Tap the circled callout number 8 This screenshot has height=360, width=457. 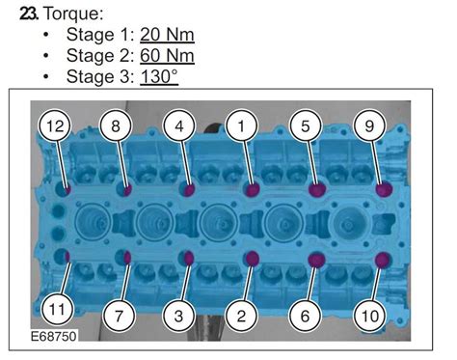pyautogui.click(x=116, y=126)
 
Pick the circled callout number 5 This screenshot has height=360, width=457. pyautogui.click(x=304, y=126)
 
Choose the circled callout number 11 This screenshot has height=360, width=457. pyautogui.click(x=56, y=311)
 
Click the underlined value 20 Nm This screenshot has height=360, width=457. pyautogui.click(x=168, y=35)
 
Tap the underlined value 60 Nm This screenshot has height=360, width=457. pyautogui.click(x=169, y=55)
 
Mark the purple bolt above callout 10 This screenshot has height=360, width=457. pyautogui.click(x=383, y=259)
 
